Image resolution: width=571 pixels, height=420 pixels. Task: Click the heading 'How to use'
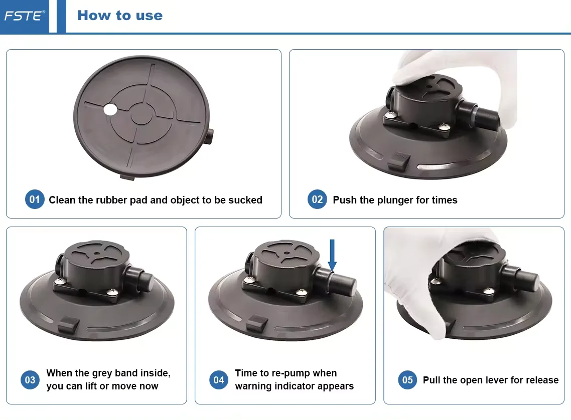point(120,15)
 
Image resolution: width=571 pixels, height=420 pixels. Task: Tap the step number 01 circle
point(35,199)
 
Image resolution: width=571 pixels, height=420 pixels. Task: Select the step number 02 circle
point(317,199)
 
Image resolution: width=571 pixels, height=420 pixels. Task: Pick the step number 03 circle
point(30,380)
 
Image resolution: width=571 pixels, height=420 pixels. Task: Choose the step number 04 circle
point(218,380)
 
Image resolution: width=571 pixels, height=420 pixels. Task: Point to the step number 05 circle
point(407,380)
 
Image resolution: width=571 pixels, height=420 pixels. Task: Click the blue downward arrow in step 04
point(332,255)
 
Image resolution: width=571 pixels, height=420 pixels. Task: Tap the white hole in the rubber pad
point(110,109)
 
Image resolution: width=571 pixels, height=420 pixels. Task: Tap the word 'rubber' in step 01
point(111,200)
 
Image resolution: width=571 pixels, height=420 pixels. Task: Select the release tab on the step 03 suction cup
point(68,324)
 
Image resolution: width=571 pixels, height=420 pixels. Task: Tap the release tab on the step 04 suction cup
point(257,323)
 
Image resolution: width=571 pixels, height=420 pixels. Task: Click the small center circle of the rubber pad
point(141,114)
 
